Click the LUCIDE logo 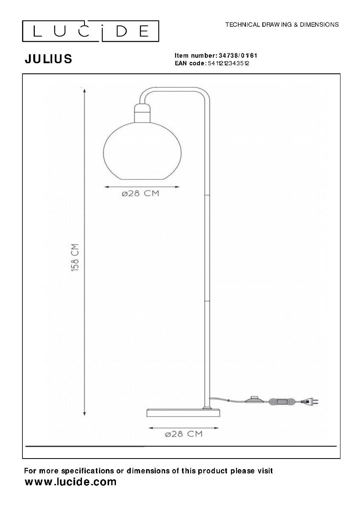(90, 31)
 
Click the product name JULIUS (48, 59)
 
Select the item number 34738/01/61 (238, 56)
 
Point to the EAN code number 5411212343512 (228, 63)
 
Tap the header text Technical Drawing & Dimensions (282, 25)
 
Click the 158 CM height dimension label (75, 257)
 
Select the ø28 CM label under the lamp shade (141, 193)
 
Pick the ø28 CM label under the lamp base (183, 434)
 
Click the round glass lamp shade (142, 151)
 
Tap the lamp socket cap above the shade (142, 113)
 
